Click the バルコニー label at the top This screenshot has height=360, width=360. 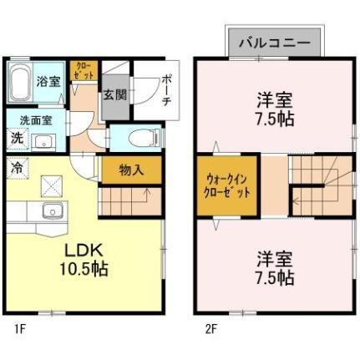(274, 40)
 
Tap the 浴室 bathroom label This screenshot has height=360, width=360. (48, 81)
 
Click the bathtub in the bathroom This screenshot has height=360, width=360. (20, 83)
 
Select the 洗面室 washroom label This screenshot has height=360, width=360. (36, 119)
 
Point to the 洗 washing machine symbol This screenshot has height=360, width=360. (17, 139)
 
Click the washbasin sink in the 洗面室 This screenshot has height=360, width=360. (43, 139)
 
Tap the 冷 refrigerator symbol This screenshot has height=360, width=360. (17, 166)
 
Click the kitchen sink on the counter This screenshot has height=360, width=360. (52, 210)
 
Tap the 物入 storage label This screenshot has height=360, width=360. (131, 170)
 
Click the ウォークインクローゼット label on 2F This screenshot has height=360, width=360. (228, 184)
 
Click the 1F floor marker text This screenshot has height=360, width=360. (18, 329)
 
